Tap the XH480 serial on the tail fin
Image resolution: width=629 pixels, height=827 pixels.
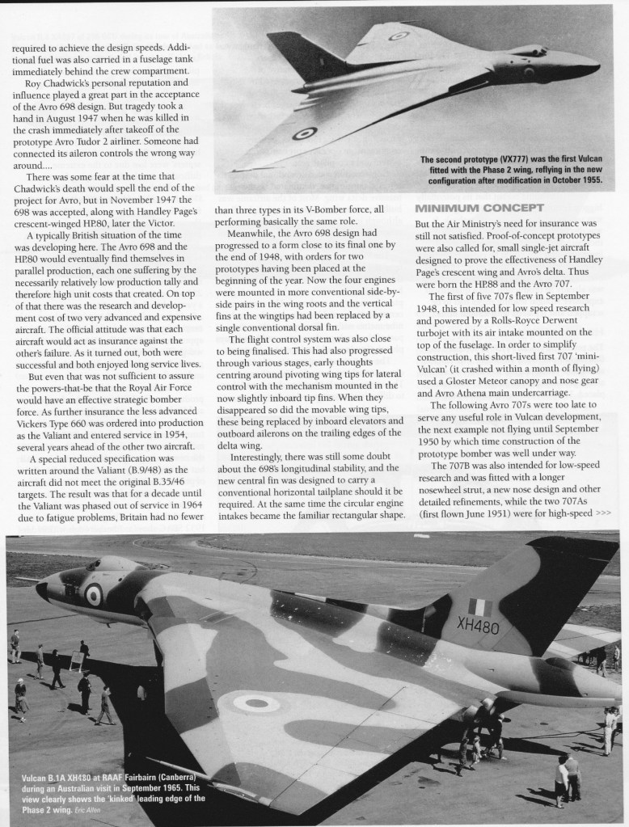coord(479,626)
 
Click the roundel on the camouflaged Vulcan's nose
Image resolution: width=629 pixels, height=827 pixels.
coord(94,595)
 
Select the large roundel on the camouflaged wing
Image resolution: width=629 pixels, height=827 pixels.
coord(256,703)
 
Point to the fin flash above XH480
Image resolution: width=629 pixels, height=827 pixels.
coord(480,606)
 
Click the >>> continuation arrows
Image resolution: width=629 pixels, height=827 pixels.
coord(604,513)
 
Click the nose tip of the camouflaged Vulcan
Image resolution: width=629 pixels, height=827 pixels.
coord(40,589)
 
